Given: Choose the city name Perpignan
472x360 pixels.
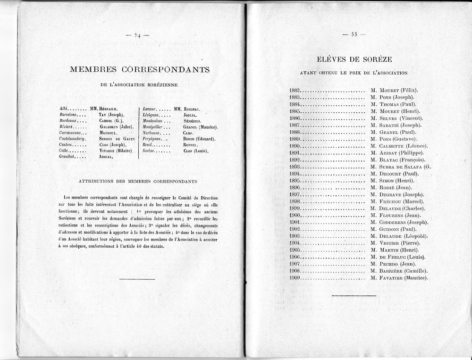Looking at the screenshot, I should click(x=152, y=139).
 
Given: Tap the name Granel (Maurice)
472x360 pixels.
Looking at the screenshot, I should click(x=200, y=127).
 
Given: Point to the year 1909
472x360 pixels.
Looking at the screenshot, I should click(x=295, y=277).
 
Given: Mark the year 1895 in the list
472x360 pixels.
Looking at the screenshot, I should click(x=295, y=180).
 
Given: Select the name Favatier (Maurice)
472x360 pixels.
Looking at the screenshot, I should click(x=404, y=277).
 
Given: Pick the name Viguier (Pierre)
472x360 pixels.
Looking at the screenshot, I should click(x=399, y=243).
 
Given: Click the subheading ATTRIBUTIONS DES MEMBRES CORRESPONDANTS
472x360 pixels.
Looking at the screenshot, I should click(x=137, y=181).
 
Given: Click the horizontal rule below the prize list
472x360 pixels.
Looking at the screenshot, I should click(x=354, y=296).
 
